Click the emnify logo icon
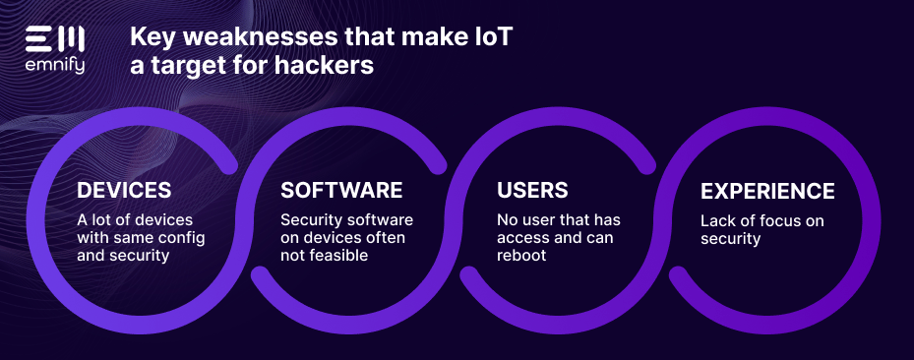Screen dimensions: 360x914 click(x=55, y=38)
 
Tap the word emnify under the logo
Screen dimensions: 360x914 click(x=55, y=67)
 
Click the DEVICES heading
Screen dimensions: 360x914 click(x=124, y=191)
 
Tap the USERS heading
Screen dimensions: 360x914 click(x=532, y=191)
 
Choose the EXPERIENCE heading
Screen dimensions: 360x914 click(x=767, y=191)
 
